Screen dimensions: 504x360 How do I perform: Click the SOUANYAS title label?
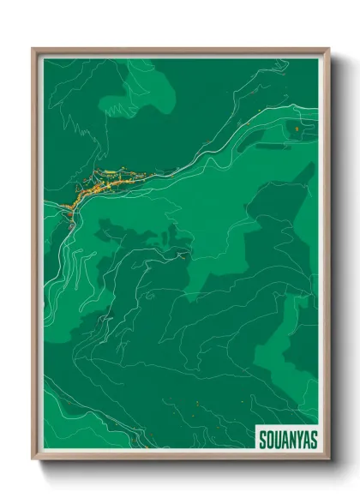[287, 439]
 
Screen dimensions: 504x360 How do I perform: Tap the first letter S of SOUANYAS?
[262, 439]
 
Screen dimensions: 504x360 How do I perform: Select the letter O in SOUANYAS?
[269, 439]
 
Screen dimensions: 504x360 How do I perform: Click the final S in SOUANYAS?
[313, 439]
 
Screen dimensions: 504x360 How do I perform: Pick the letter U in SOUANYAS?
[277, 439]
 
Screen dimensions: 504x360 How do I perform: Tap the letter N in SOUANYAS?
[291, 439]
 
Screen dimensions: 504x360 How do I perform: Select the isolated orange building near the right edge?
[296, 129]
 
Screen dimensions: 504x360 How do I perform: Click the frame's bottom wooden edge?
[180, 458]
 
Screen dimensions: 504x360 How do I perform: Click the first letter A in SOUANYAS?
[284, 439]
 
